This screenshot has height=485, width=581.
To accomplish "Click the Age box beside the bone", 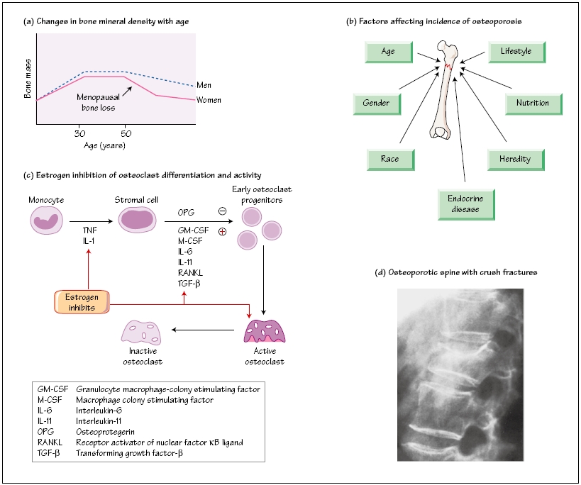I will coord(389,52).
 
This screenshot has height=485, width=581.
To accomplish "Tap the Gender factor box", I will coord(377,104).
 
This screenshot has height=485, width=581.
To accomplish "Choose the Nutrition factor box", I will coord(532,104).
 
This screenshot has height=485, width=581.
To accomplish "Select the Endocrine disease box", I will coord(465,204).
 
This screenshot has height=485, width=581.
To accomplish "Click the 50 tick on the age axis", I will coord(125,133).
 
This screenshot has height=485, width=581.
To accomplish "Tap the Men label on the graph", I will coord(204,86).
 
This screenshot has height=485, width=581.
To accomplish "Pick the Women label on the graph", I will coord(209,100).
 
